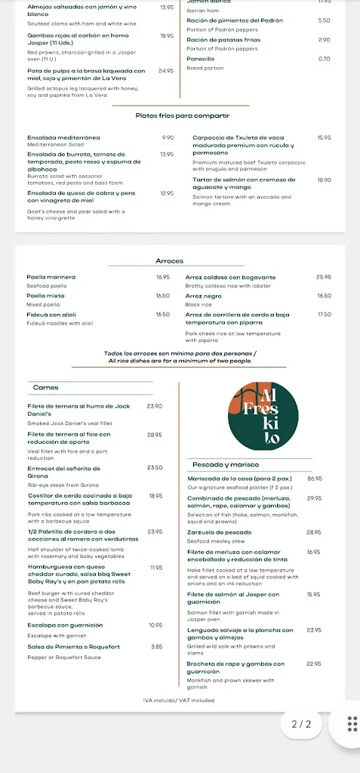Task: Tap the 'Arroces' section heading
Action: click(169, 261)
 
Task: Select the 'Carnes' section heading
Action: click(45, 387)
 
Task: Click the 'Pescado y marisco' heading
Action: click(226, 464)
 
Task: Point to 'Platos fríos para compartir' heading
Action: click(183, 115)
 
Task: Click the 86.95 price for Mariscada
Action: click(315, 479)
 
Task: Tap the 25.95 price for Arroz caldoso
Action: click(324, 277)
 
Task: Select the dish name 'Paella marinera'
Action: click(51, 277)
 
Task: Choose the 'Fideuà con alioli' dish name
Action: click(52, 314)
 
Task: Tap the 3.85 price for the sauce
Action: click(157, 646)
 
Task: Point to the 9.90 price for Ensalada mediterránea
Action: click(168, 137)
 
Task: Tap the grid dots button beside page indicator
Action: click(352, 724)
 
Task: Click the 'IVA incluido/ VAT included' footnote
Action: click(179, 700)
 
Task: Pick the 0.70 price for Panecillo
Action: click(324, 59)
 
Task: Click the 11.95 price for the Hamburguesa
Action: click(157, 567)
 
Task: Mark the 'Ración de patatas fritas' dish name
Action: click(224, 39)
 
